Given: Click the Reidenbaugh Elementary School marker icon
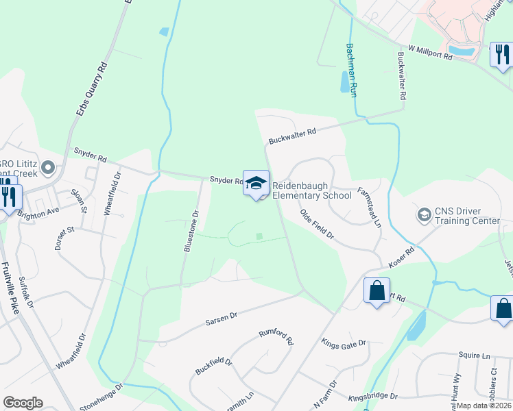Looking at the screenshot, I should click(x=256, y=183).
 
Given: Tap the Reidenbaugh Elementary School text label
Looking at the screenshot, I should click(x=311, y=190).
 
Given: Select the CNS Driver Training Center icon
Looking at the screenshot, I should click(x=424, y=216).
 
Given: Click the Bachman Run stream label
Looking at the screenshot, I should click(x=351, y=69).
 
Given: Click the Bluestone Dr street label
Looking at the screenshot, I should click(x=191, y=232).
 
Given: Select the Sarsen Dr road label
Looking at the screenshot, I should click(x=221, y=318).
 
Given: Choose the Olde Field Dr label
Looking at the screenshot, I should click(x=316, y=225).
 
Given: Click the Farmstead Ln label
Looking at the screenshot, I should click(x=368, y=208).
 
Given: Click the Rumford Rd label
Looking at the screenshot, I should click(x=276, y=336).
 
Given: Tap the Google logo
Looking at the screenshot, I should click(x=23, y=403).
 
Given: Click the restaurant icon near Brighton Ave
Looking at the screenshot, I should click(x=9, y=197).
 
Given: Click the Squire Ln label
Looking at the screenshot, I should click(x=475, y=356).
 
